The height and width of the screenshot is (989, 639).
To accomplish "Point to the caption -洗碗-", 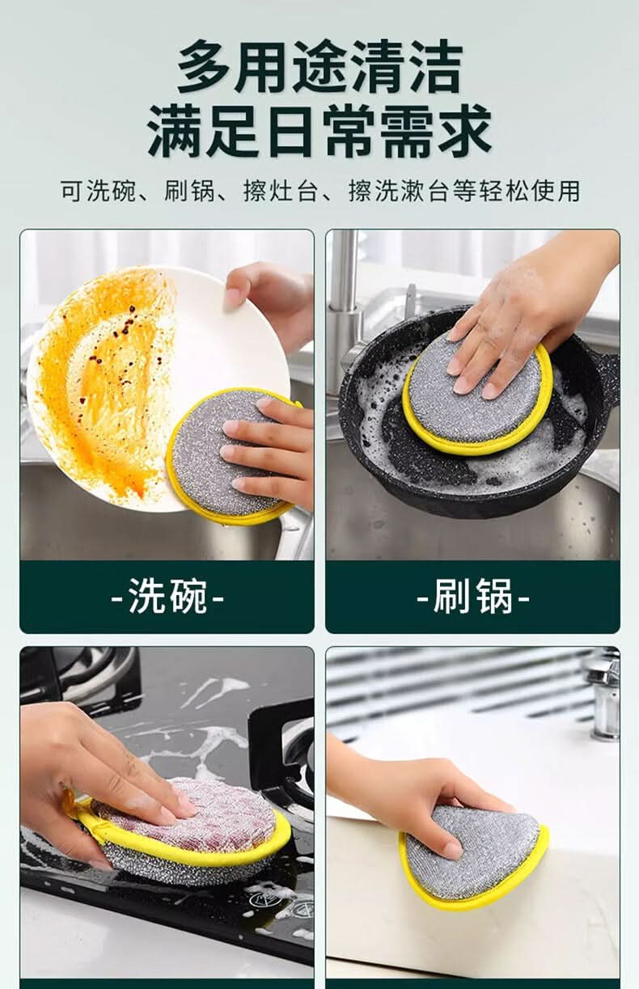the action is pyautogui.click(x=167, y=596).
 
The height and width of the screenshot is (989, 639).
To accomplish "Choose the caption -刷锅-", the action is pyautogui.click(x=473, y=596).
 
